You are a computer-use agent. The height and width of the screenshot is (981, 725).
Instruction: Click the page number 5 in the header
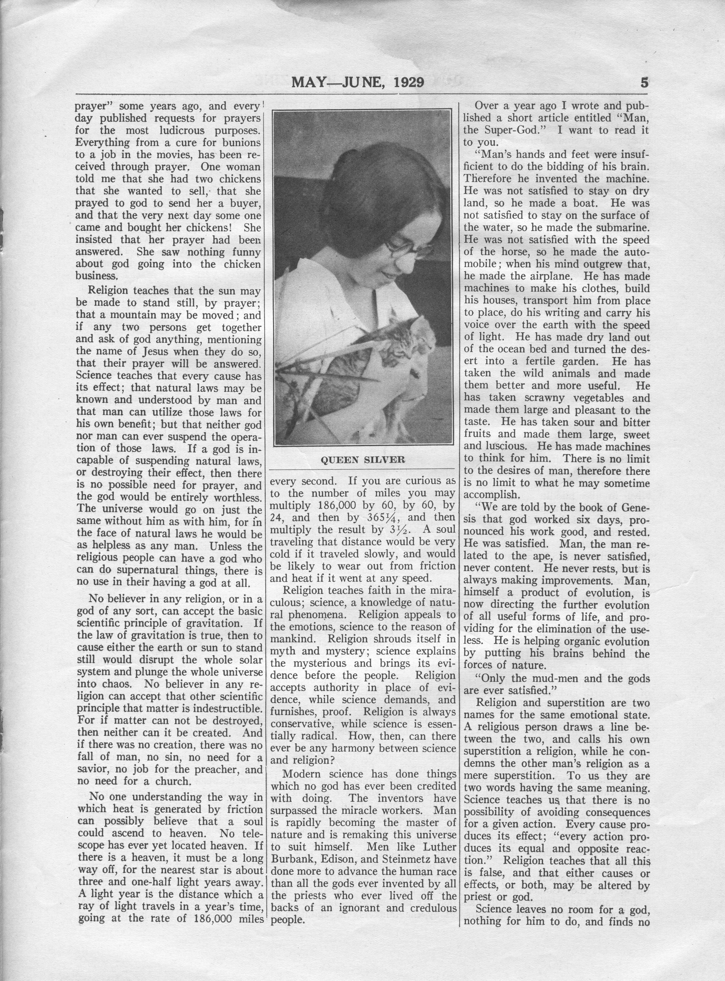click(644, 82)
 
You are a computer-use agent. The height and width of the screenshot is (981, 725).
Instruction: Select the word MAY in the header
click(307, 82)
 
